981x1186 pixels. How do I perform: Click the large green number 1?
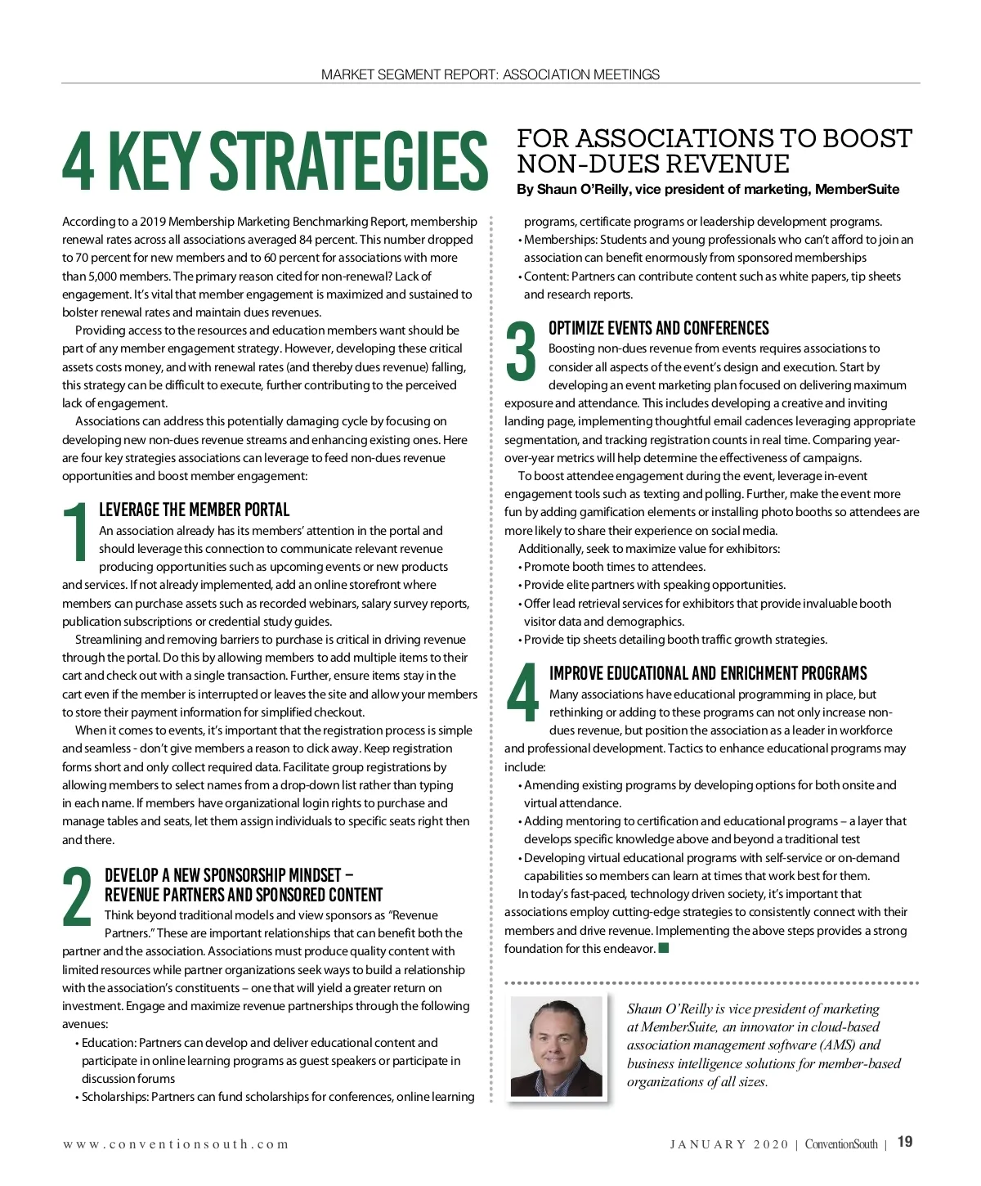77,532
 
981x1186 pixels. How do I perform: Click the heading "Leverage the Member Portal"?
194,510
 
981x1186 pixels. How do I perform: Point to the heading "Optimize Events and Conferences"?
658,328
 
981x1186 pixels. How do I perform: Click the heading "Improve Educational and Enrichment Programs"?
708,673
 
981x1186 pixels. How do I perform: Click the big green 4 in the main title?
78,159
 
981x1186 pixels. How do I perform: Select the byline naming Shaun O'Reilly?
707,190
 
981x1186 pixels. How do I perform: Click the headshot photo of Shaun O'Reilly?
556,1046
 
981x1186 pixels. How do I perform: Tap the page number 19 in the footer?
905,1143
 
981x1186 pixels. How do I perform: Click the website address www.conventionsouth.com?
176,1144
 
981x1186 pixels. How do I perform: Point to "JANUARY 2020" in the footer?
729,1144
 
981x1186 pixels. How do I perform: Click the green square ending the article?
664,948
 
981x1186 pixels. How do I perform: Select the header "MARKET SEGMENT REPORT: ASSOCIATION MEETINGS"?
490,74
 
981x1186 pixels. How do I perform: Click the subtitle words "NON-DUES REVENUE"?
653,164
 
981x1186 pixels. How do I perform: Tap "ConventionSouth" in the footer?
841,1144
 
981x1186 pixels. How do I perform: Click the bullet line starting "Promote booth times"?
613,567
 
